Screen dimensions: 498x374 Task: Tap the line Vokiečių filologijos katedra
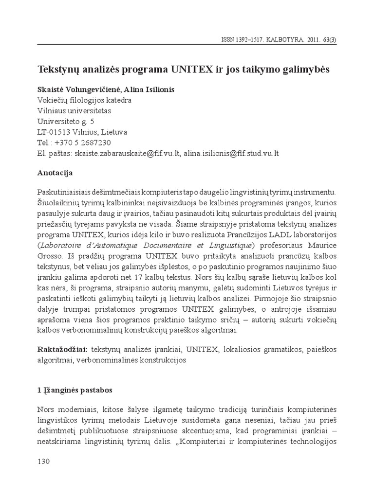pos(84,100)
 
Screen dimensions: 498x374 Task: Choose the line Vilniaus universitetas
pos(74,111)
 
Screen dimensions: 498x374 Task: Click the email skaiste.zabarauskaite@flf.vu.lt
pos(128,153)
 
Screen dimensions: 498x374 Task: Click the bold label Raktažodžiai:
pos(61,350)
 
